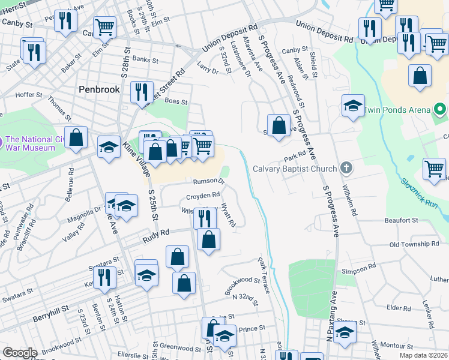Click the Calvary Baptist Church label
[x=294, y=169]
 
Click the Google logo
[x=20, y=353]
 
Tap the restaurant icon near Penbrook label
[x=142, y=92]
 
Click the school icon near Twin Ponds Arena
[x=353, y=106]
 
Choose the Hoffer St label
[x=29, y=95]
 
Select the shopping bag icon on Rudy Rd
[x=208, y=240]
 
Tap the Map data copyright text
[x=422, y=355]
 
